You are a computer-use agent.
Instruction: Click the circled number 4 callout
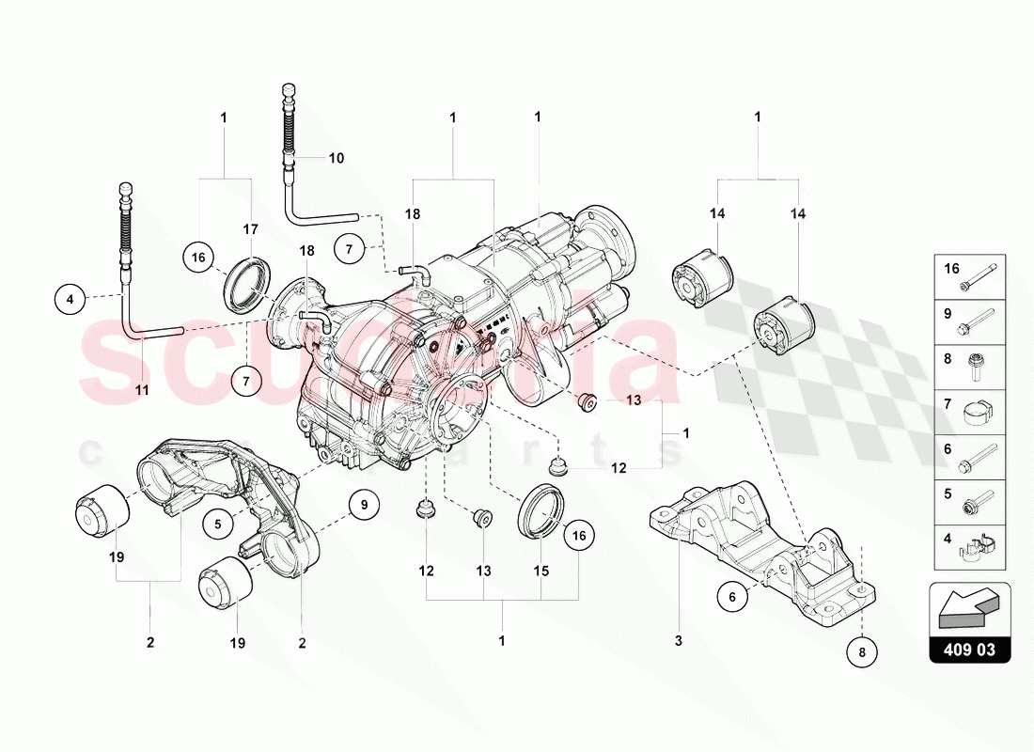70,300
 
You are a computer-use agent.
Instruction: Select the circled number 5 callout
217,524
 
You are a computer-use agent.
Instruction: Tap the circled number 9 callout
364,505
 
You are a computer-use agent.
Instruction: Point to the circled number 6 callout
730,594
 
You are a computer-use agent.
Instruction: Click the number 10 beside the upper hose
336,158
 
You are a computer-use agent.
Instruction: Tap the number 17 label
250,228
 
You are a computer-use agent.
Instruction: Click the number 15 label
542,571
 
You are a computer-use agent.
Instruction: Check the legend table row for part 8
969,364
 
